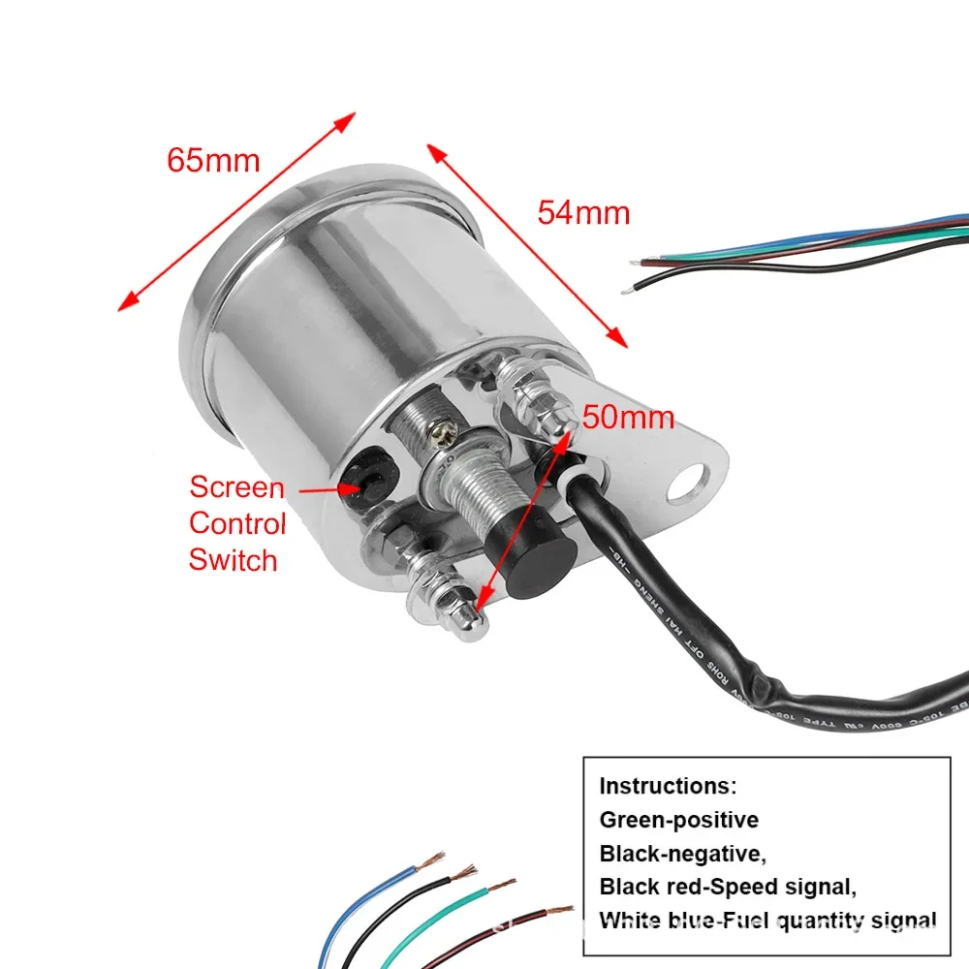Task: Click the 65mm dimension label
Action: click(x=213, y=159)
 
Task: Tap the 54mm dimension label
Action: click(x=583, y=212)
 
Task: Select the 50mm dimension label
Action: click(x=629, y=418)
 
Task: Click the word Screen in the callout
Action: click(x=236, y=486)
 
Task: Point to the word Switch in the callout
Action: click(x=233, y=560)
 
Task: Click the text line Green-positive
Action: click(x=678, y=820)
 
